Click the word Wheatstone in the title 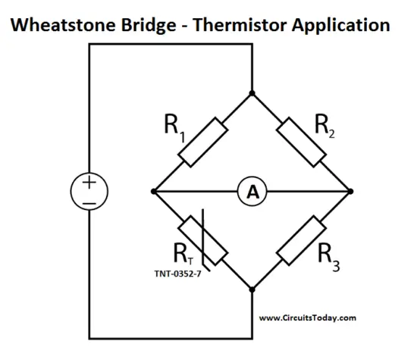click(x=63, y=25)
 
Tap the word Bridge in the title click(x=149, y=26)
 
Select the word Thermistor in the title click(x=240, y=25)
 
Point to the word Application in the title click(x=341, y=26)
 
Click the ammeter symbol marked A click(x=252, y=192)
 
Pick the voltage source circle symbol click(x=89, y=192)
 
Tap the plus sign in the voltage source click(x=89, y=183)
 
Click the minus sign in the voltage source click(x=89, y=204)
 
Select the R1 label click(x=174, y=127)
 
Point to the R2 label click(x=325, y=126)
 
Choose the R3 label click(x=329, y=258)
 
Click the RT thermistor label click(x=183, y=254)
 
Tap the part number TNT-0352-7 click(x=178, y=274)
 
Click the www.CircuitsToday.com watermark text click(x=308, y=318)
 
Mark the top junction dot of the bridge click(x=252, y=93)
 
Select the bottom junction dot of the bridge click(x=252, y=290)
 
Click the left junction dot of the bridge click(x=153, y=192)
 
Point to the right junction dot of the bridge click(x=350, y=192)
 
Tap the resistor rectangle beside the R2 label click(x=301, y=142)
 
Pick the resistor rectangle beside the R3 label click(x=301, y=240)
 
